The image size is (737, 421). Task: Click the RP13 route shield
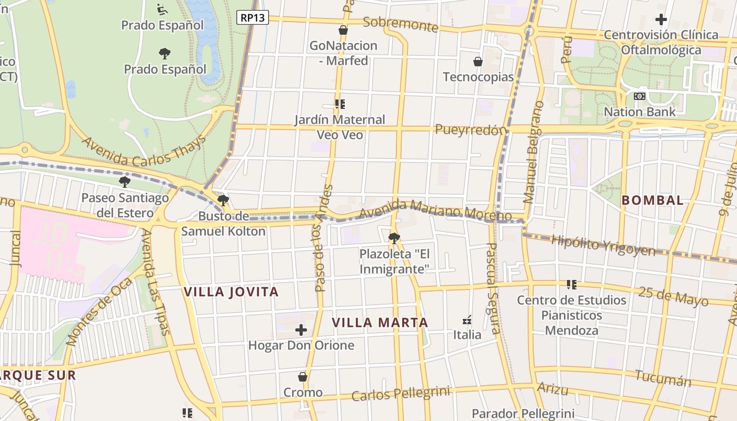(x=253, y=17)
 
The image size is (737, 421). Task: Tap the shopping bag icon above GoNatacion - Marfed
(x=343, y=30)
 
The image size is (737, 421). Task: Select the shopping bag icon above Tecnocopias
(x=478, y=62)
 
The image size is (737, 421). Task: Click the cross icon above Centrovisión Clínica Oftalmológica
(x=661, y=19)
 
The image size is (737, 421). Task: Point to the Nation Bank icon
(x=640, y=96)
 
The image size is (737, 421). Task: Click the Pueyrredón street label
(x=471, y=129)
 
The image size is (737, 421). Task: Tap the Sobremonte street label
(x=401, y=24)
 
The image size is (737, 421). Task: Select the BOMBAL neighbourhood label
(x=653, y=200)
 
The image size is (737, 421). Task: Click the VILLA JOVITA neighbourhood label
(x=231, y=292)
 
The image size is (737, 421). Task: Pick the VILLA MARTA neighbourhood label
(x=380, y=322)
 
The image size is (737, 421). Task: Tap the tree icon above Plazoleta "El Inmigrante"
(x=394, y=238)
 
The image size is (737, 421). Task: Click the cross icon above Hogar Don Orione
(x=301, y=330)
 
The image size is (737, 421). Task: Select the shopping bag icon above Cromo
(x=303, y=377)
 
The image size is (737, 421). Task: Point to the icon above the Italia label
(x=467, y=319)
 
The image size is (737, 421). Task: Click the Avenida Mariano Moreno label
(x=436, y=209)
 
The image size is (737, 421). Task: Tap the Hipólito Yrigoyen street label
(x=603, y=245)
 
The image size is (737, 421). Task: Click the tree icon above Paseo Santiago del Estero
(x=125, y=182)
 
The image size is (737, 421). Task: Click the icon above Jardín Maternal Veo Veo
(x=340, y=104)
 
